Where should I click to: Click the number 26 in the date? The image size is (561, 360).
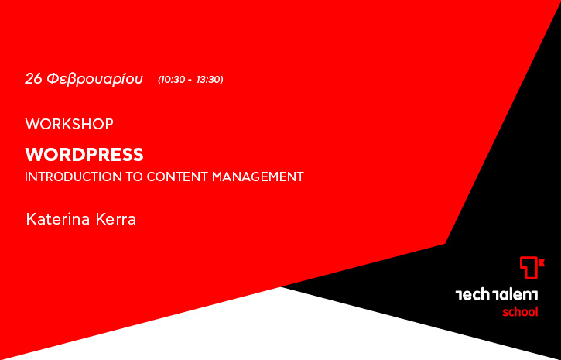pyautogui.click(x=33, y=79)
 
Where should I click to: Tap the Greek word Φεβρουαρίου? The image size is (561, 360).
pyautogui.click(x=95, y=79)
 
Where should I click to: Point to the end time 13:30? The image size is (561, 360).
pyautogui.click(x=208, y=80)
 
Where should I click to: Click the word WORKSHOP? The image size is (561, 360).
pyautogui.click(x=70, y=124)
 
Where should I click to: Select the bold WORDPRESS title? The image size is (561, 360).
pyautogui.click(x=84, y=155)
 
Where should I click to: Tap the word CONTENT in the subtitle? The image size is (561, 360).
pyautogui.click(x=177, y=177)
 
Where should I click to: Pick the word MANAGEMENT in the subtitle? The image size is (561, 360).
pyautogui.click(x=258, y=177)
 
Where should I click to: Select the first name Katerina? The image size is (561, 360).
pyautogui.click(x=57, y=219)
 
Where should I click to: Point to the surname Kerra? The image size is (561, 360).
pyautogui.click(x=116, y=219)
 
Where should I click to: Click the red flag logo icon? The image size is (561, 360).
pyautogui.click(x=532, y=268)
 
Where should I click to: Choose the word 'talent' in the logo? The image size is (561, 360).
pyautogui.click(x=515, y=295)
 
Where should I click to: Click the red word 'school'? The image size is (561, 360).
pyautogui.click(x=520, y=312)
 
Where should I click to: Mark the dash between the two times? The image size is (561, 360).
pyautogui.click(x=190, y=81)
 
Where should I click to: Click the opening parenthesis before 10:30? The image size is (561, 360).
pyautogui.click(x=159, y=80)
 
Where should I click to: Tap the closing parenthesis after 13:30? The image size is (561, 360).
pyautogui.click(x=222, y=80)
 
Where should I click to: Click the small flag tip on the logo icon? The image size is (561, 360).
pyautogui.click(x=543, y=263)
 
